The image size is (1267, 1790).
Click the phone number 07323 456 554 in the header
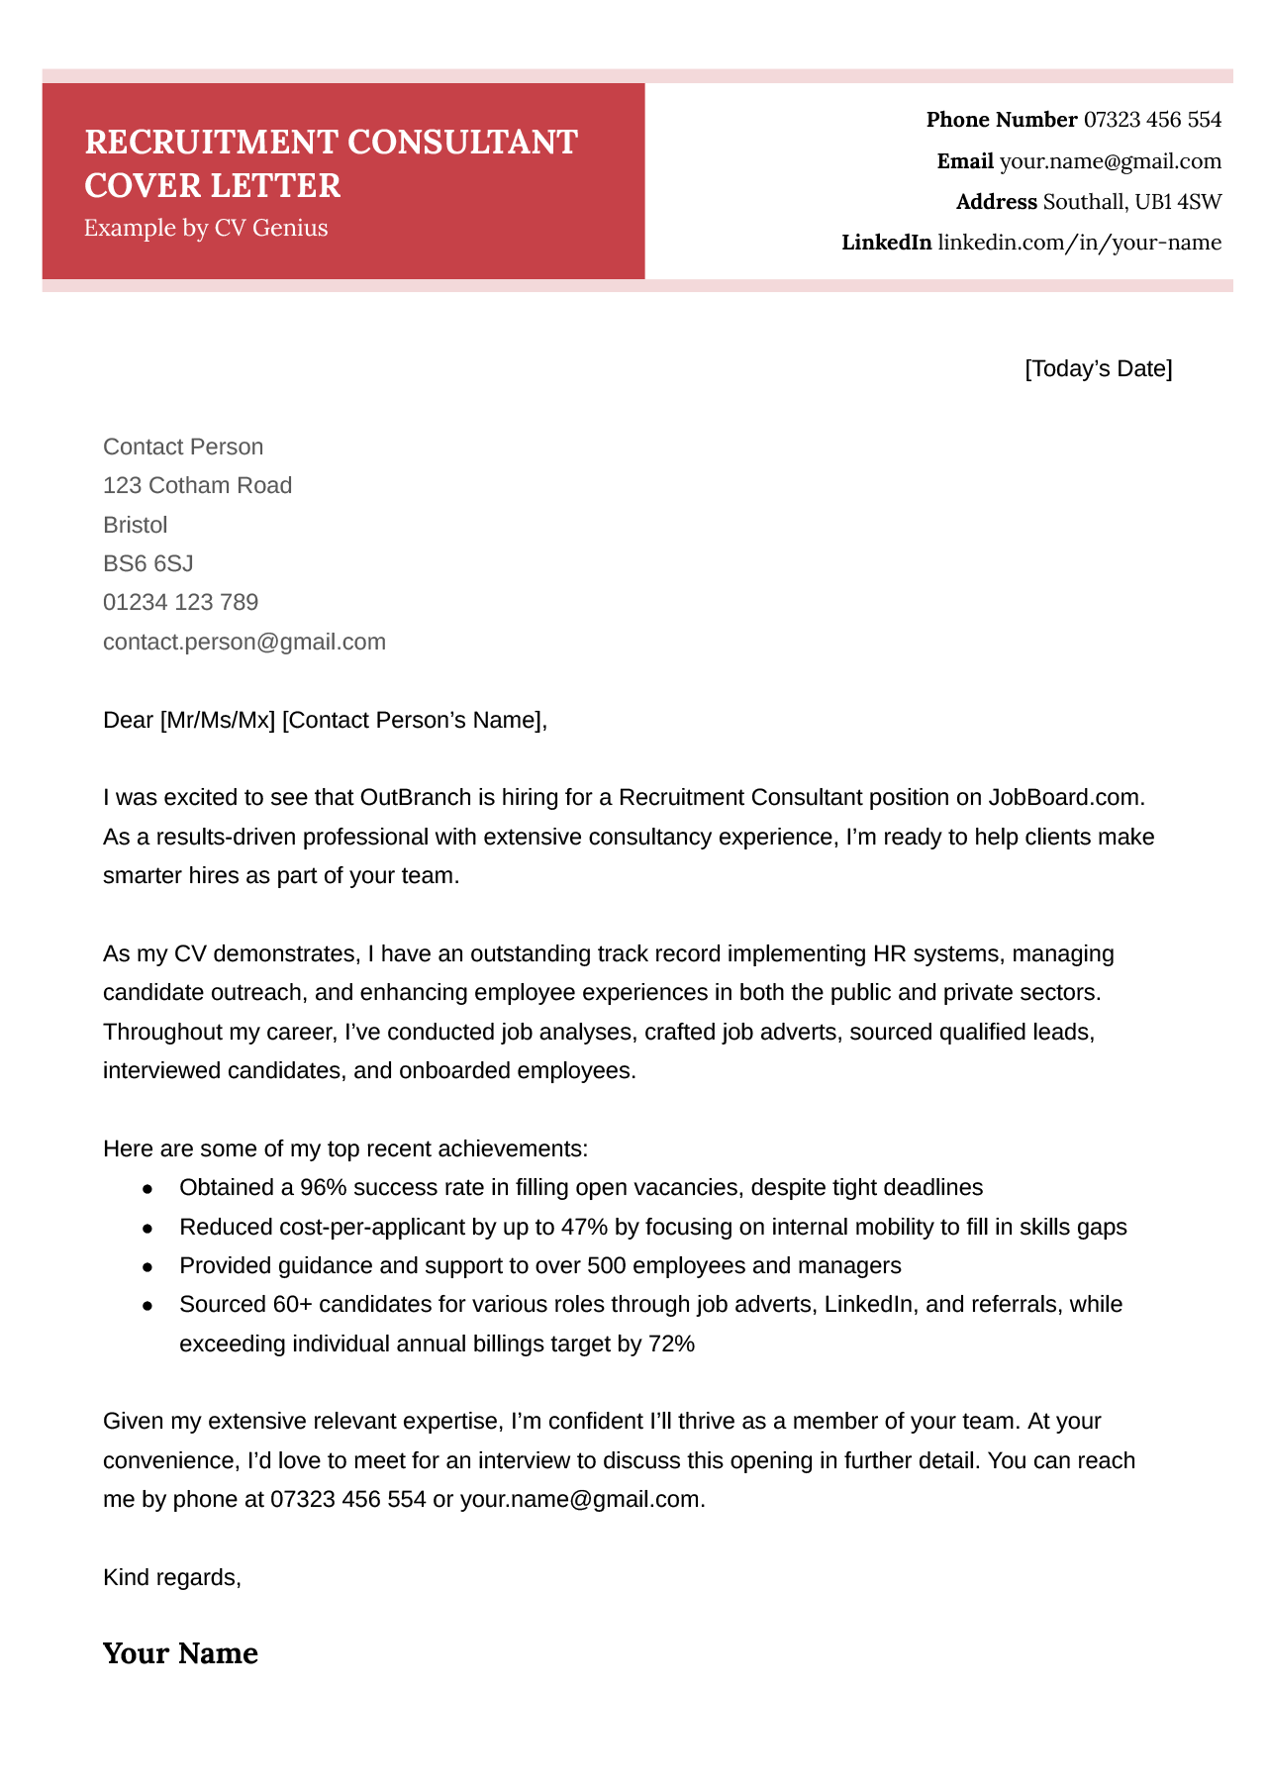coord(1152,120)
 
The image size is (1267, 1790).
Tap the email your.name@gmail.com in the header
coord(1110,161)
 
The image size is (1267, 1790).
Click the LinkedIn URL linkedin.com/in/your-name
coord(1079,243)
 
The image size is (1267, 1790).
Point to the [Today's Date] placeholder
coord(1098,369)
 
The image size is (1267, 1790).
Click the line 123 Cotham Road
coord(197,485)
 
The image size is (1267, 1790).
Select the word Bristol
coord(135,525)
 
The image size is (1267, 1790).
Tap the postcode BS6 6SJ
coord(147,563)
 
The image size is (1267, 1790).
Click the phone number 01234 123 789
coord(180,602)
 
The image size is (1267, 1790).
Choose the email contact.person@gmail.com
coord(244,642)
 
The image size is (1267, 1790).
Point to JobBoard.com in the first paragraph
coord(1065,797)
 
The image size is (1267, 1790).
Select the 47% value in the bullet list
coord(584,1227)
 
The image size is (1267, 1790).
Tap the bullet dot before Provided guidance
coord(147,1266)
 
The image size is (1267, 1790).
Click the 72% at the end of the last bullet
coord(671,1343)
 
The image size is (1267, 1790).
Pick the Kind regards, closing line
coord(171,1577)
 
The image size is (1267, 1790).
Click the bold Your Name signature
coord(180,1653)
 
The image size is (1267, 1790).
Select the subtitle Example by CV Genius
coord(206,228)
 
